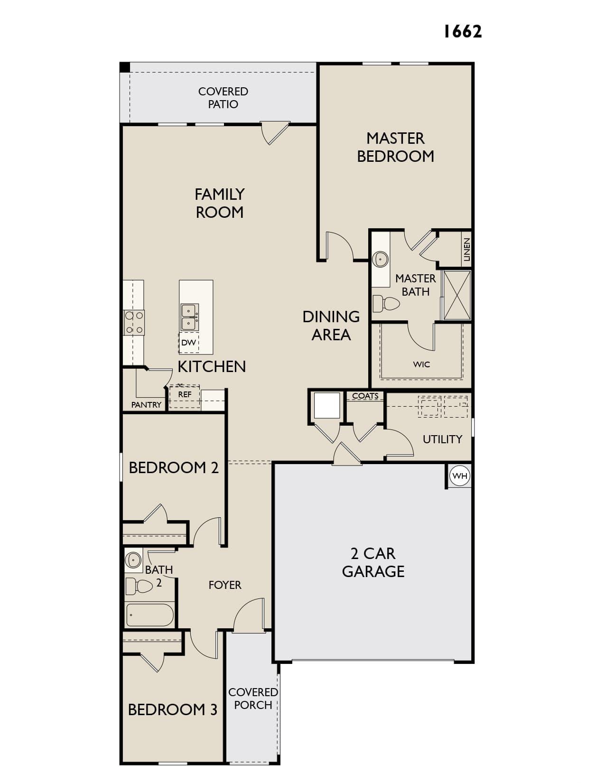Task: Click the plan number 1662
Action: click(462, 31)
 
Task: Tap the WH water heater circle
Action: click(460, 475)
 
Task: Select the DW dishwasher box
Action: click(188, 342)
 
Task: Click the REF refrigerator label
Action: click(185, 394)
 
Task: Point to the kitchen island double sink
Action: click(189, 317)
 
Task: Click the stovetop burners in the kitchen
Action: click(134, 323)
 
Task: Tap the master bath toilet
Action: click(386, 303)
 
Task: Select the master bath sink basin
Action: click(381, 258)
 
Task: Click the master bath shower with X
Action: click(457, 295)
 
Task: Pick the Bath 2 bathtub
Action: click(150, 615)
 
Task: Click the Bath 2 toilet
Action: click(139, 586)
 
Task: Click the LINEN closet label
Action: click(466, 249)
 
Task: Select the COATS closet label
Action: click(365, 396)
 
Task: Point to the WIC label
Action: click(421, 364)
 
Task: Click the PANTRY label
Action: click(146, 405)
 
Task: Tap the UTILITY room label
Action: click(442, 439)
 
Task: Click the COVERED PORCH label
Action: click(253, 699)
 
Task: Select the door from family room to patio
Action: click(275, 133)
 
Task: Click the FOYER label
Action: click(225, 585)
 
